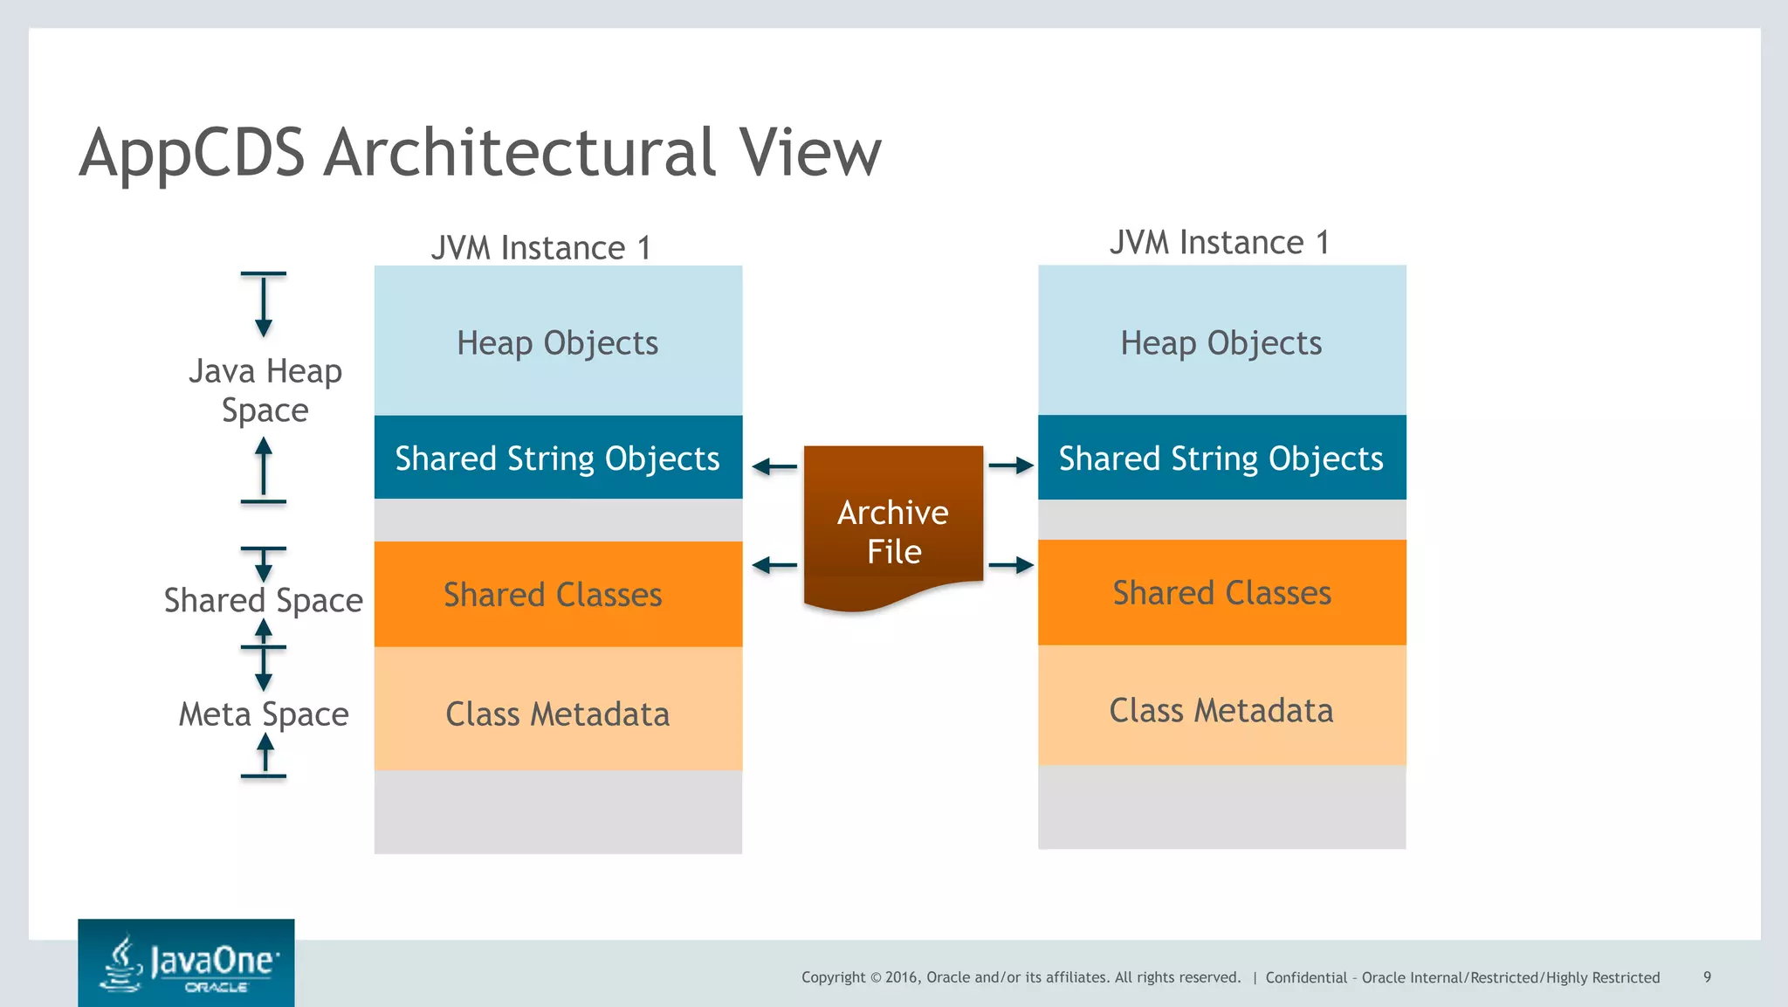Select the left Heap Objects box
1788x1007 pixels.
(x=558, y=341)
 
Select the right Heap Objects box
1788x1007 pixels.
(x=1221, y=341)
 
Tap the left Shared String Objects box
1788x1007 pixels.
(x=558, y=458)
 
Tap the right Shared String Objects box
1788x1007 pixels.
(x=1221, y=458)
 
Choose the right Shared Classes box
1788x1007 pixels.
(x=1221, y=593)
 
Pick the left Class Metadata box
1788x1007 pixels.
(x=558, y=713)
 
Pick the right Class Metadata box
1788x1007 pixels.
(x=1221, y=709)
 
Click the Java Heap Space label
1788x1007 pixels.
(x=265, y=390)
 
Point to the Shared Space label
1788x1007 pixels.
(x=263, y=600)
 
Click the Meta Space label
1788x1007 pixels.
(x=263, y=714)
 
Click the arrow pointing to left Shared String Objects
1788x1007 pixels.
(x=774, y=466)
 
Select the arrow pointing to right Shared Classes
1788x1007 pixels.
(x=1011, y=566)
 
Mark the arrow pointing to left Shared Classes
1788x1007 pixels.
(x=774, y=566)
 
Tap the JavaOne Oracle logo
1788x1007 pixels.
(x=186, y=963)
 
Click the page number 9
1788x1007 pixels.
(x=1707, y=977)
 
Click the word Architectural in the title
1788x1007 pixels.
(x=521, y=152)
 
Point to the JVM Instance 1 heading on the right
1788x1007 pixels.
(x=1219, y=242)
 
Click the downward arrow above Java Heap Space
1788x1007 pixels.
(x=263, y=306)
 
